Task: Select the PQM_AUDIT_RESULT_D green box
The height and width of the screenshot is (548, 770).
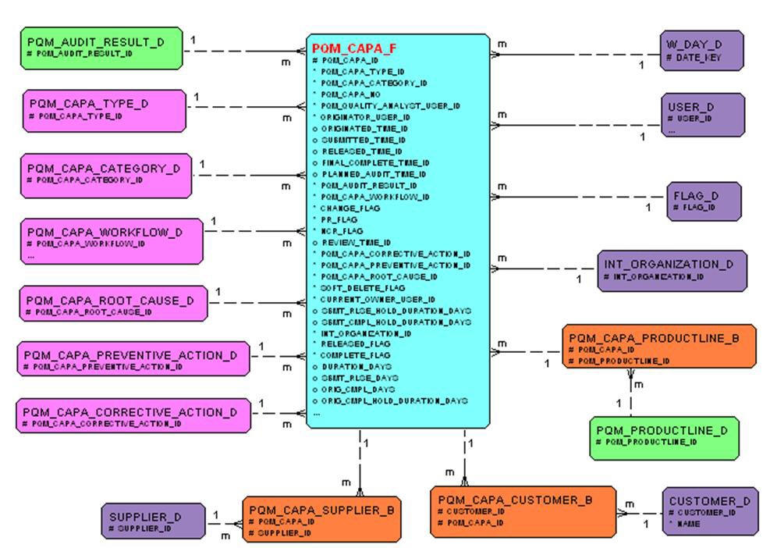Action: (x=101, y=48)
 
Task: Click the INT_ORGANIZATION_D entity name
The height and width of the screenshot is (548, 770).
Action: (x=669, y=264)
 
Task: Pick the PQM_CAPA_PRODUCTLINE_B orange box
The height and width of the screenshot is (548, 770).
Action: (x=659, y=346)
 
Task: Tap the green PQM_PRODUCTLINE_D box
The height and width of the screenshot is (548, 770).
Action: (x=663, y=436)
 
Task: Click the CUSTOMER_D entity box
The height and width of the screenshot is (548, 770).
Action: (x=709, y=511)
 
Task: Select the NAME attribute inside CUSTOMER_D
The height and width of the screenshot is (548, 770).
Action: (x=689, y=525)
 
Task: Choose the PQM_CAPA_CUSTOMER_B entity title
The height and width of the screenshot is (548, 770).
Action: (x=515, y=500)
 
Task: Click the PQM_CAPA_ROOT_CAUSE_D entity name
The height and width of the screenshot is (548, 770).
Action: (x=108, y=301)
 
